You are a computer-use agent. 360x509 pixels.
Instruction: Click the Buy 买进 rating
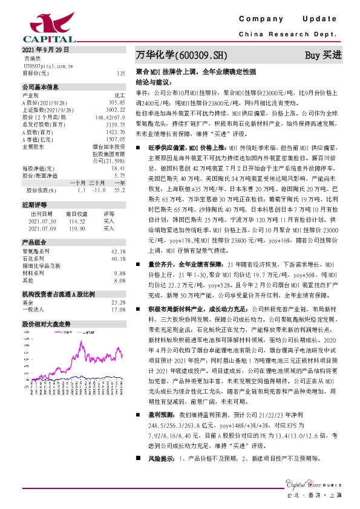pyautogui.click(x=323, y=56)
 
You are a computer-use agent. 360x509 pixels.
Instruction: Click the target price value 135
pyautogui.click(x=120, y=73)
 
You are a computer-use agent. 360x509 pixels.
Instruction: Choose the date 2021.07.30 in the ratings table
pyautogui.click(x=42, y=221)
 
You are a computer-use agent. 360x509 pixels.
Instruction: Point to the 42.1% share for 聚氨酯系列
pyautogui.click(x=119, y=251)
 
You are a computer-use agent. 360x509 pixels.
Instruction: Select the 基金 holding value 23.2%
pyautogui.click(x=119, y=302)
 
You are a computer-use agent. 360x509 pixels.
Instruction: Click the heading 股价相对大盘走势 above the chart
pyautogui.click(x=46, y=324)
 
